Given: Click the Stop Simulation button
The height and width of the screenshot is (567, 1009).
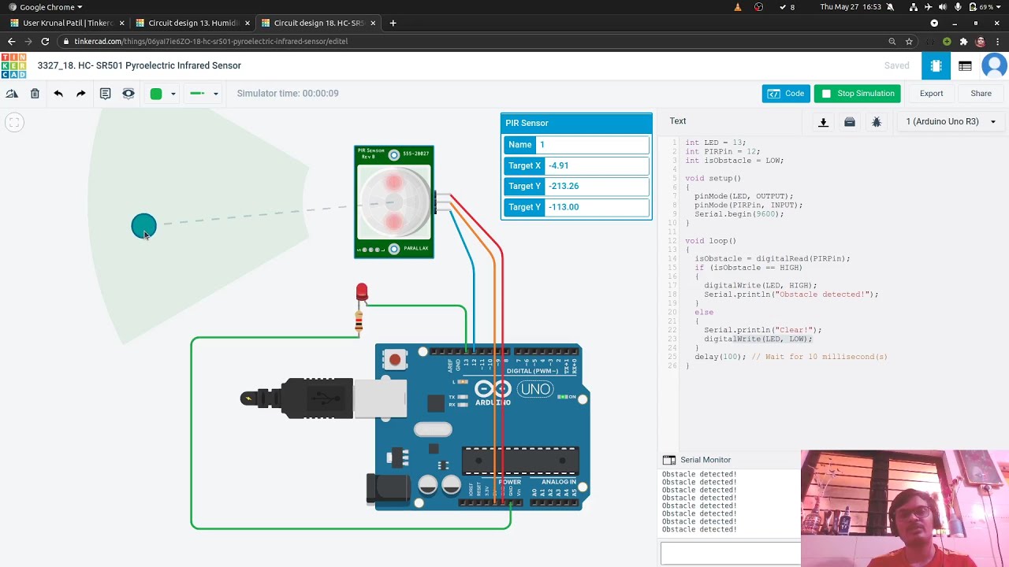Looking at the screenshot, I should point(858,94).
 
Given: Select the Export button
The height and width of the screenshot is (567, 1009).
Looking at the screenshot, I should point(931,94).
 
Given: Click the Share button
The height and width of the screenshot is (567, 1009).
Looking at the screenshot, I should point(981,94).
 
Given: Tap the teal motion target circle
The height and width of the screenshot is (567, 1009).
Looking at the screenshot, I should point(143,227).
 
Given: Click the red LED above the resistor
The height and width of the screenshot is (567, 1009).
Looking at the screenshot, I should point(361,293).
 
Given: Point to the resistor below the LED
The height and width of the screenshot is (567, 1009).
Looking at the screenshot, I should point(359,321).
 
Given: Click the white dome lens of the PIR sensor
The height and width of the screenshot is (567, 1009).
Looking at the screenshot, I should point(393,202).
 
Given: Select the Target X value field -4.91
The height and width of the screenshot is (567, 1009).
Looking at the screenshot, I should point(597,165).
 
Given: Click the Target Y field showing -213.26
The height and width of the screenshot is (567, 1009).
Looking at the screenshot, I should point(597,187).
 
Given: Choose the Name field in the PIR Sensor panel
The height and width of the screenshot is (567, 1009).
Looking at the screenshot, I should point(592,145).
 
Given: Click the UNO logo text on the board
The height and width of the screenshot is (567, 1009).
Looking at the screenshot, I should point(535,389).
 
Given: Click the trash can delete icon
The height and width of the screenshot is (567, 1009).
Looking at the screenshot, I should point(35,94).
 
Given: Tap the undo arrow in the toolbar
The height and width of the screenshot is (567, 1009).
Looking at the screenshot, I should point(58,94).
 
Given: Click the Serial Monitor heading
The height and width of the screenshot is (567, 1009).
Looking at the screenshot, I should point(705,460).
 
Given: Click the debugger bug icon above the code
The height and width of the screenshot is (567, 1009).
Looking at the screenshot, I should point(876,122).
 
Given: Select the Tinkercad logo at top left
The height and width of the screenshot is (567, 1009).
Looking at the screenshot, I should point(13,66).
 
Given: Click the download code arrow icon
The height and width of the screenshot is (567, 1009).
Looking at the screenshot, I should point(823,122).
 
